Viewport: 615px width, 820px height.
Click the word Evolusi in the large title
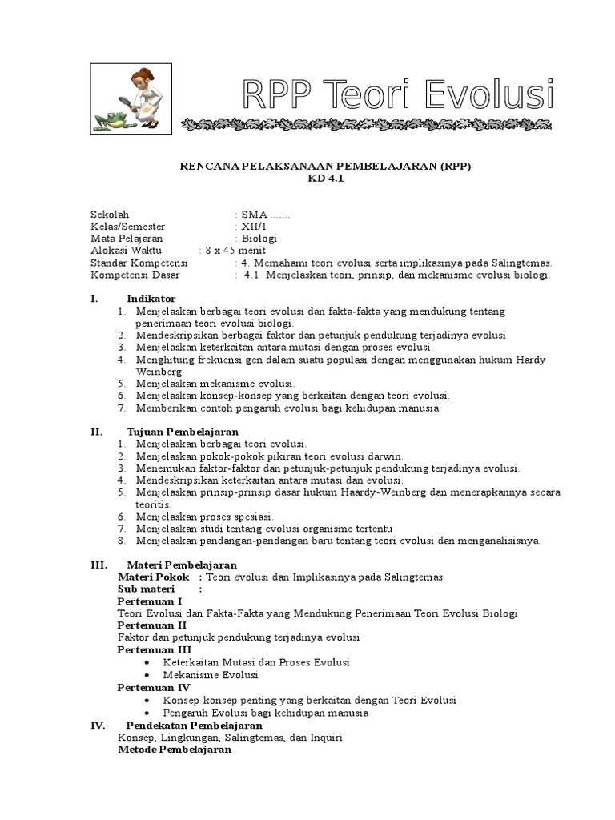coord(488,96)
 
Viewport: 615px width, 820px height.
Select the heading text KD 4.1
coord(324,179)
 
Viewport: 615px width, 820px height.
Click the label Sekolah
coord(110,215)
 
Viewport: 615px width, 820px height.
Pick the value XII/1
coord(257,227)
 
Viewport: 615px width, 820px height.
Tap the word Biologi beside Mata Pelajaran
coord(259,239)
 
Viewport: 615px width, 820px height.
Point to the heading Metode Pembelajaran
coord(174,750)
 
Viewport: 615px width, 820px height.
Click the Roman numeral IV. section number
coord(98,725)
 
